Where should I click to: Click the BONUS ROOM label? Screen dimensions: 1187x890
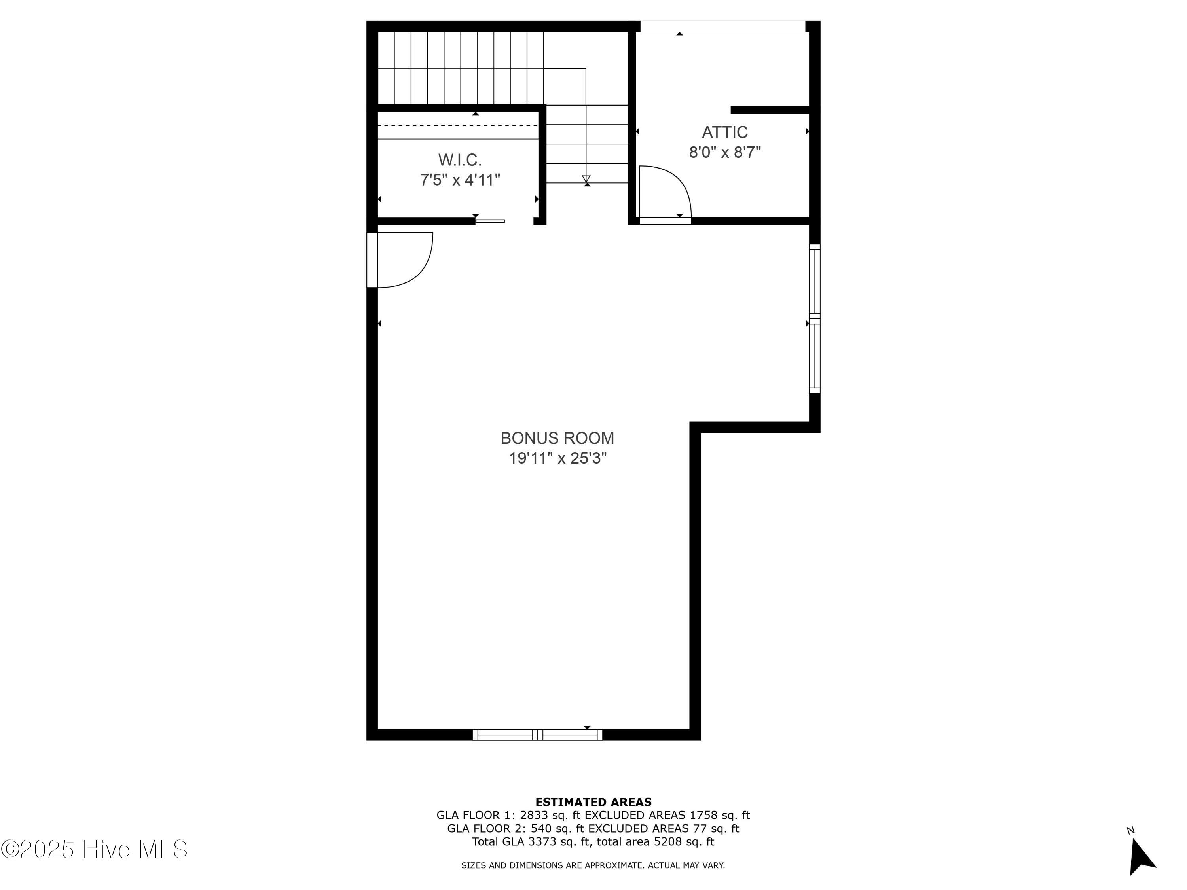[x=557, y=438]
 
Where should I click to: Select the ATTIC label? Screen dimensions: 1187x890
[x=725, y=132]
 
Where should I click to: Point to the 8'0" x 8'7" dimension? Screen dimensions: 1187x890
[x=725, y=152]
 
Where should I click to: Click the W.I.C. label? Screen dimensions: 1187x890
[x=460, y=160]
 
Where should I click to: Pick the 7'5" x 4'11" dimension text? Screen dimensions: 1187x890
[x=460, y=180]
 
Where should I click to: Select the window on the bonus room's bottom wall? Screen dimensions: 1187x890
[x=537, y=735]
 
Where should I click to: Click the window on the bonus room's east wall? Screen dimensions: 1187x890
[x=815, y=319]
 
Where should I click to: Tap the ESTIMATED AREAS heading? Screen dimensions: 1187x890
[x=593, y=802]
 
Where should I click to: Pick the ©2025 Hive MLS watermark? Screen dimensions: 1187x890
[x=95, y=849]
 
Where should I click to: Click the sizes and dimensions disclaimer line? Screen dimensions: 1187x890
[x=593, y=865]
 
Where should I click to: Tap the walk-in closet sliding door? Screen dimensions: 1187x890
[x=490, y=221]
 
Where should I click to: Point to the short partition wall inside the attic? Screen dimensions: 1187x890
[x=770, y=110]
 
